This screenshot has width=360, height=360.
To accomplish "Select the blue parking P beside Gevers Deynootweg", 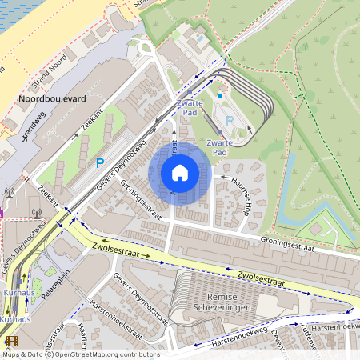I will click(100, 162).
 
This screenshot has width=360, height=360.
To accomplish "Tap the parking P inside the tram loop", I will click(230, 121).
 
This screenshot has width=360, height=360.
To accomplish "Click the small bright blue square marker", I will click(220, 96).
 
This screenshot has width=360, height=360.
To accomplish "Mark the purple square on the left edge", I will click(2, 214).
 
